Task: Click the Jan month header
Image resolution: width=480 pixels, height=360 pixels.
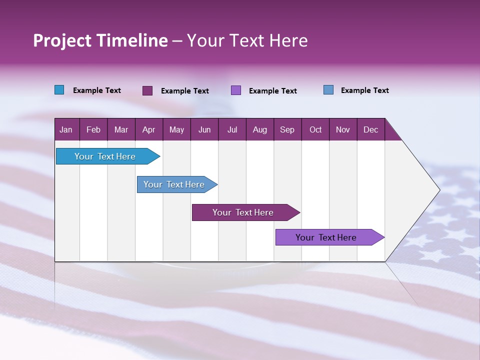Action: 66,129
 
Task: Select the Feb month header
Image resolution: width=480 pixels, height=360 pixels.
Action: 93,129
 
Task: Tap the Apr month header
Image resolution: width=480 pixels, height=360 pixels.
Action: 148,129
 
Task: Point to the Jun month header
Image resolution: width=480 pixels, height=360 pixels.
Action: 204,129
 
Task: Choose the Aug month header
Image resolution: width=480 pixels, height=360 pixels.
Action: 260,129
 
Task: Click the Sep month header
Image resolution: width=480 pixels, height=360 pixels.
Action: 287,129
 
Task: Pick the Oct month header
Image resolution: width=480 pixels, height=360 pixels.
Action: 315,129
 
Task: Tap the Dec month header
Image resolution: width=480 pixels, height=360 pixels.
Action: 371,129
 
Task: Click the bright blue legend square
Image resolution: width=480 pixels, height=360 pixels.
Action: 59,90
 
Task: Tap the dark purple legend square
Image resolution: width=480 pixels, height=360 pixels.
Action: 147,90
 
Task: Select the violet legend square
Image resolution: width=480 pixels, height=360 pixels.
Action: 236,90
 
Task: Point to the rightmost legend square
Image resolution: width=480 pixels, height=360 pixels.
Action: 328,90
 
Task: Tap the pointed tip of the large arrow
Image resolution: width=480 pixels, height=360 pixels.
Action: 438,190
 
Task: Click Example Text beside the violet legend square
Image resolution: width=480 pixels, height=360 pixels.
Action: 272,90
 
